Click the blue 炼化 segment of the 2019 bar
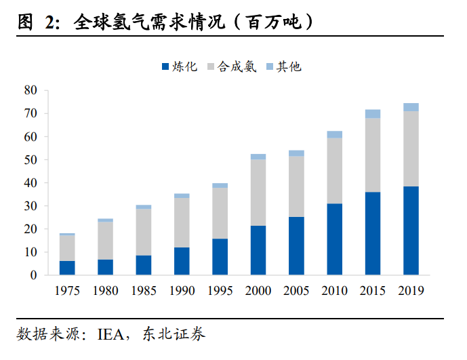pyautogui.click(x=411, y=231)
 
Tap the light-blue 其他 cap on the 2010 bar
pyautogui.click(x=334, y=134)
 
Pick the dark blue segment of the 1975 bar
pyautogui.click(x=67, y=268)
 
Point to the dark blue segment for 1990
pyautogui.click(x=182, y=261)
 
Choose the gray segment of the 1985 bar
pyautogui.click(x=144, y=232)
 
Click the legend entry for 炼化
pyautogui.click(x=179, y=66)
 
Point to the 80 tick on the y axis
pyautogui.click(x=30, y=90)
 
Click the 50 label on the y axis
pyautogui.click(x=30, y=160)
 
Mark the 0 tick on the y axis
pyautogui.click(x=33, y=275)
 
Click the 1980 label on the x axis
pyautogui.click(x=105, y=291)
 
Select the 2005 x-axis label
pyautogui.click(x=296, y=291)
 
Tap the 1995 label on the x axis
pyautogui.click(x=220, y=291)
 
